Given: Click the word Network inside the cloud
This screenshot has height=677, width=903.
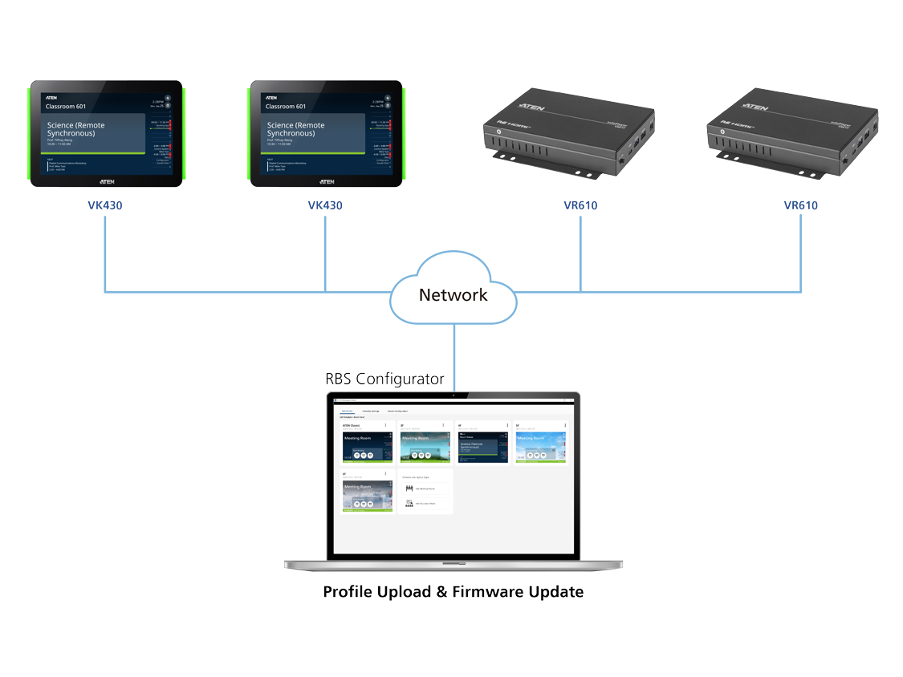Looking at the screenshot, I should pyautogui.click(x=453, y=295).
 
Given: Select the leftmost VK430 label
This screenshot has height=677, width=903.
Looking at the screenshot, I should pyautogui.click(x=105, y=205).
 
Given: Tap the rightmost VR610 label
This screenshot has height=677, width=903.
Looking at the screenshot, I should pyautogui.click(x=800, y=205).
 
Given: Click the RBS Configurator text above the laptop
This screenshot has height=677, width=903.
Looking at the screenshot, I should pyautogui.click(x=384, y=379).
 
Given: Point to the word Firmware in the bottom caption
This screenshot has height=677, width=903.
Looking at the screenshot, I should pyautogui.click(x=486, y=592).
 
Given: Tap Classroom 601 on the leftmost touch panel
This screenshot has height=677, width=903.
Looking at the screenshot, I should pyautogui.click(x=65, y=106).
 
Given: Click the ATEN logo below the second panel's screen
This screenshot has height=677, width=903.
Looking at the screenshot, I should pyautogui.click(x=326, y=182).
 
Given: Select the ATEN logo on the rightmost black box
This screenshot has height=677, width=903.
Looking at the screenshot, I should pyautogui.click(x=755, y=106).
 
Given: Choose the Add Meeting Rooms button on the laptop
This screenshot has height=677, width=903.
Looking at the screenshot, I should pyautogui.click(x=424, y=488).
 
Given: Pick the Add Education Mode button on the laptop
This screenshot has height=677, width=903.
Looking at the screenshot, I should pyautogui.click(x=424, y=503).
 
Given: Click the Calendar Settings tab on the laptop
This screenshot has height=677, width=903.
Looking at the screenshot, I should pyautogui.click(x=371, y=411).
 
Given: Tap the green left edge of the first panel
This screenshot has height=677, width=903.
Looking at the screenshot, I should pyautogui.click(x=28, y=133).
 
